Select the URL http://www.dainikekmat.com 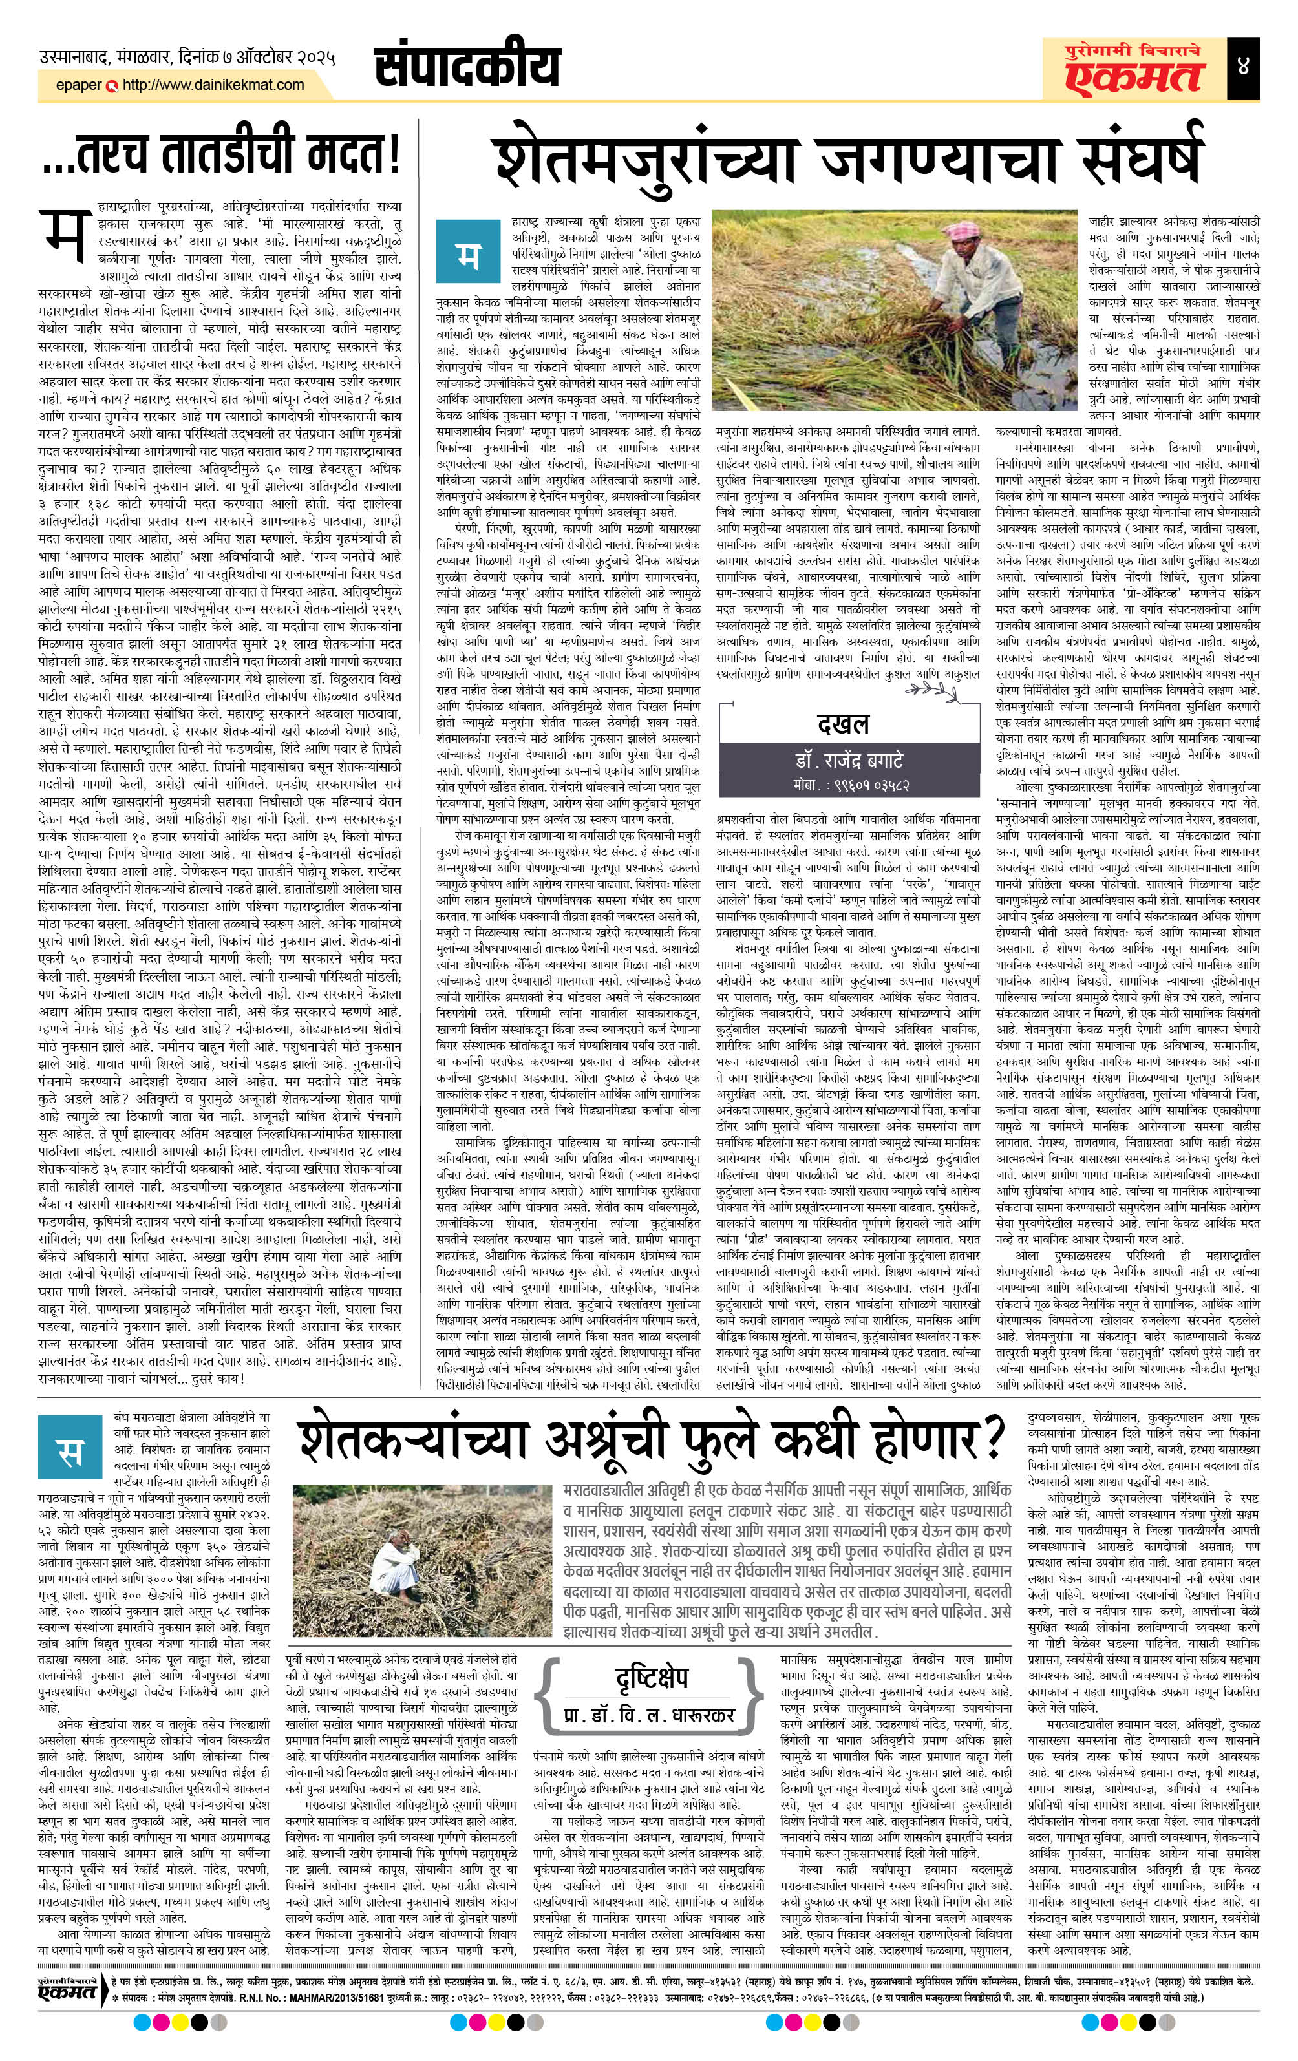pyautogui.click(x=213, y=85)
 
